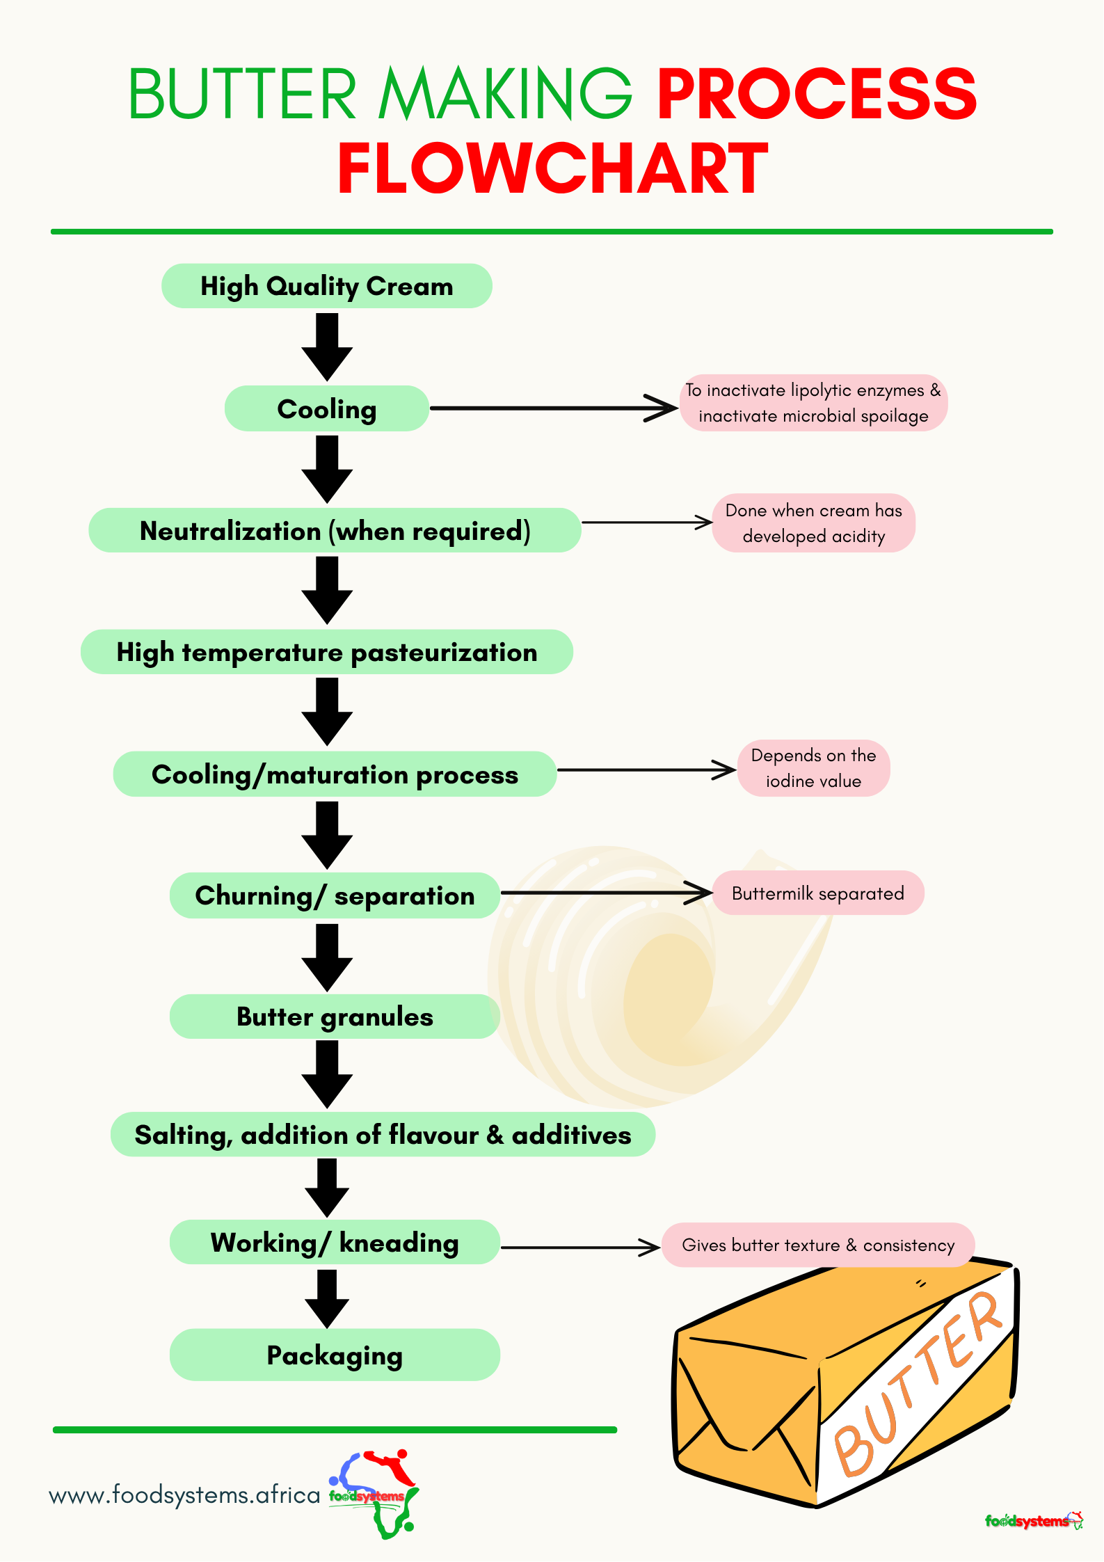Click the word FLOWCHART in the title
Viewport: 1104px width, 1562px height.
point(553,168)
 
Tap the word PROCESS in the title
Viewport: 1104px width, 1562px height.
point(817,94)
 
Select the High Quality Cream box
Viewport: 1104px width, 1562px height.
point(327,286)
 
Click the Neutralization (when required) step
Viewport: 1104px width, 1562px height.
point(335,531)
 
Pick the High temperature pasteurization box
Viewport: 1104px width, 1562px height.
point(327,653)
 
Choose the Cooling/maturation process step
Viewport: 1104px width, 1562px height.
point(335,774)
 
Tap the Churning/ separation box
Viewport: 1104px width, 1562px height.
point(335,895)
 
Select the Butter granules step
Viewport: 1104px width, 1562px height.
point(335,1017)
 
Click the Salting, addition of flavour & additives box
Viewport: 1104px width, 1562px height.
point(383,1135)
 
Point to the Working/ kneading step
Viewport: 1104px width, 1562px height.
point(335,1243)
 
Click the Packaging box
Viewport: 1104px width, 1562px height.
point(335,1355)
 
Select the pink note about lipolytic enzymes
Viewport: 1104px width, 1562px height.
point(813,403)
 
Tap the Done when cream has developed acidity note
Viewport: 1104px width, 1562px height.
point(813,523)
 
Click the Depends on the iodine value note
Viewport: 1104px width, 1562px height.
point(813,768)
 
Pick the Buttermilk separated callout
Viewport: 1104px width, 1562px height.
point(818,893)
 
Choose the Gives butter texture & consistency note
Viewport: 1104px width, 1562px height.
point(818,1245)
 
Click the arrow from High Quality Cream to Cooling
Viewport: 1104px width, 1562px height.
point(327,346)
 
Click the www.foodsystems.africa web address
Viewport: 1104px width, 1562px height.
point(184,1495)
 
